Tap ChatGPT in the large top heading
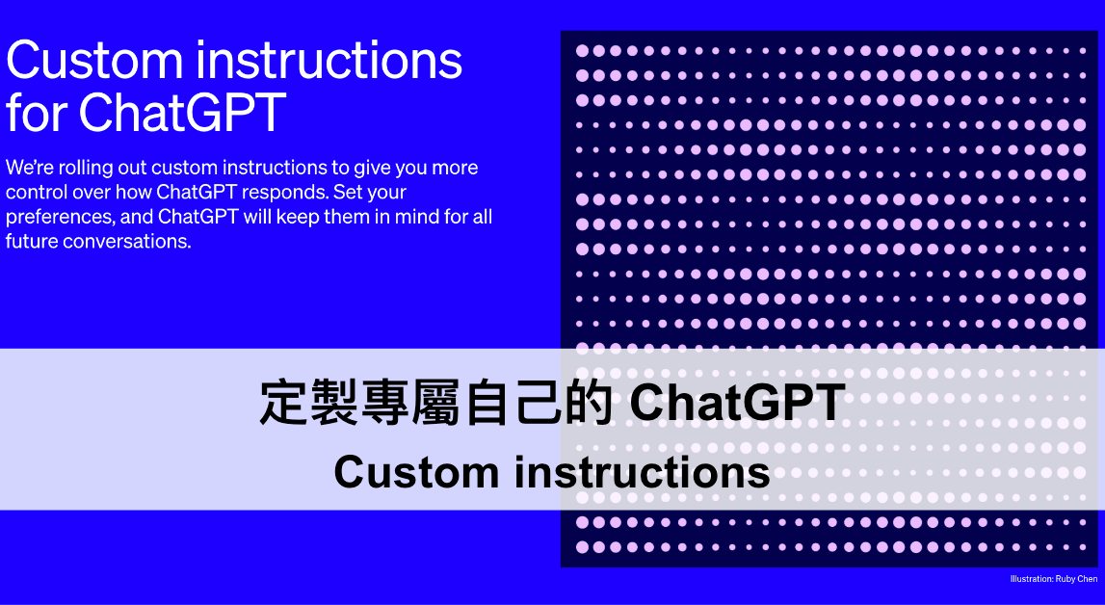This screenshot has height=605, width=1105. (x=182, y=112)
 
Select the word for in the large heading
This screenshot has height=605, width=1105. (x=37, y=112)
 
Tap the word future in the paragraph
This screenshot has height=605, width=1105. (x=32, y=241)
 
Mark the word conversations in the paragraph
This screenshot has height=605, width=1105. (x=128, y=241)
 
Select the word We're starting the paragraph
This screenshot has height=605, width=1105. (x=26, y=168)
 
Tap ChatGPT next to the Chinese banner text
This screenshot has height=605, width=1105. (x=737, y=404)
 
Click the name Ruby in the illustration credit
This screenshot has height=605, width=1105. (x=1067, y=579)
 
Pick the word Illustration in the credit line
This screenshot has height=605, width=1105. (x=1031, y=579)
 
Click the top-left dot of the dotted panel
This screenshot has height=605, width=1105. (x=581, y=50)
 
